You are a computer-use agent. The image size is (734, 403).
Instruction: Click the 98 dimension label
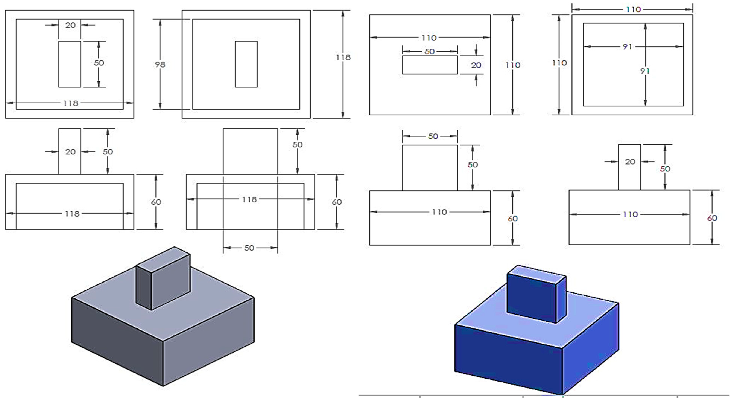pos(160,65)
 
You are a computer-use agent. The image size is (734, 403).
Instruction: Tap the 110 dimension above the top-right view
pos(633,9)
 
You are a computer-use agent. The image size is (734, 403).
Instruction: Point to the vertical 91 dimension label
pos(645,71)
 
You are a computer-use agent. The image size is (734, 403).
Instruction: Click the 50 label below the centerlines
pos(249,248)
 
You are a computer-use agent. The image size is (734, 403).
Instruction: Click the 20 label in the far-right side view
pos(630,162)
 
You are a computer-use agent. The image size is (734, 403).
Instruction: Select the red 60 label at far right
pos(712,218)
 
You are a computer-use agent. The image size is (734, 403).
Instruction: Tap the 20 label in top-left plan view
pos(70,25)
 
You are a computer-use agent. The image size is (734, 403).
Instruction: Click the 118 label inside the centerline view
pos(249,199)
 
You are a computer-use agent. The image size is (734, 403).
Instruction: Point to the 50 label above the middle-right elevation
pos(433,136)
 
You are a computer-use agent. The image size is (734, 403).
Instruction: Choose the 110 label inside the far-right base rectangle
pos(630,214)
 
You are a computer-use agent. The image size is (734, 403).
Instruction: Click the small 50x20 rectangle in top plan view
pos(430,65)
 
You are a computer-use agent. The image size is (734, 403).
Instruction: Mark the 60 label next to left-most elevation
pos(156,202)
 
